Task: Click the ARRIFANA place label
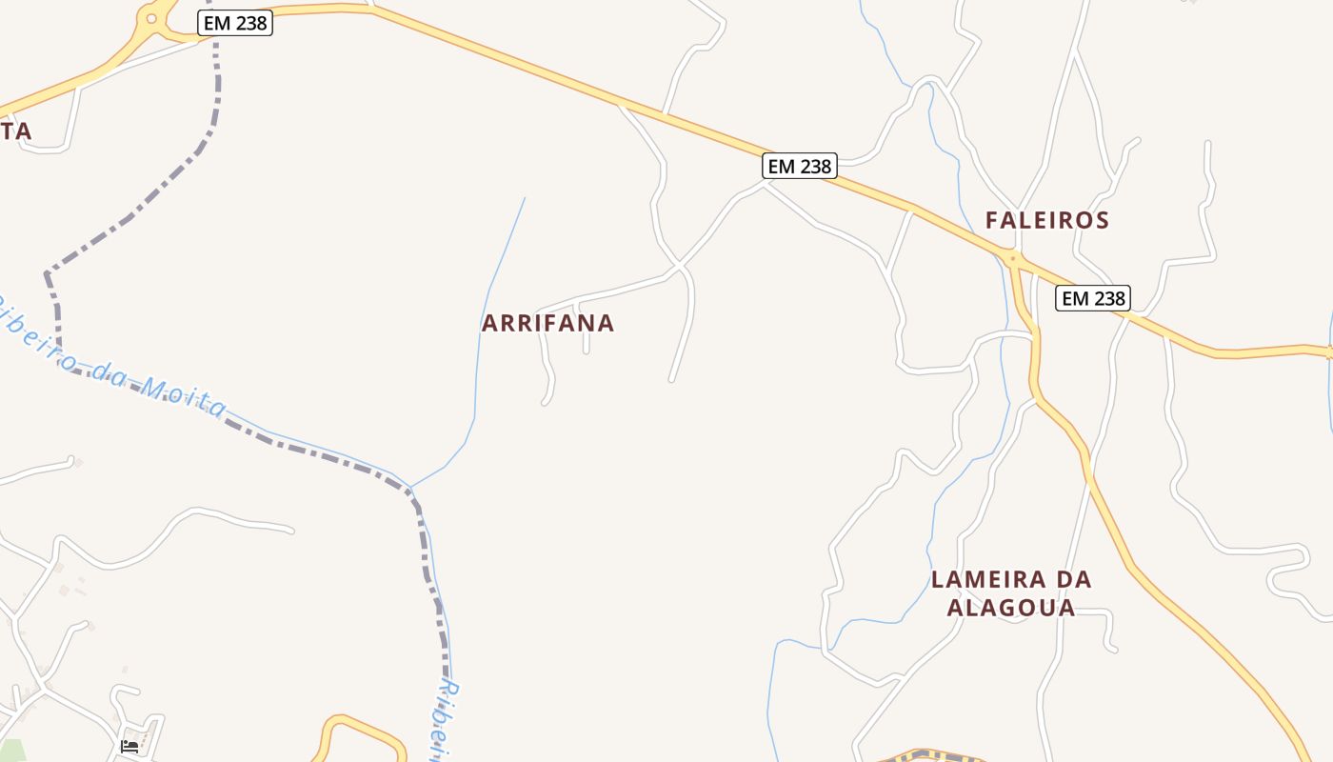tap(547, 323)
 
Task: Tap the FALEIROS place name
tap(1046, 220)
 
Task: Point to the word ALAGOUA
tap(1011, 608)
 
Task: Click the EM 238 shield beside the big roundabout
tap(235, 23)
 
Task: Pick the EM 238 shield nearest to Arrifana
tap(799, 166)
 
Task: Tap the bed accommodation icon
tap(129, 746)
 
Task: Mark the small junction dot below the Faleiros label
tap(1012, 257)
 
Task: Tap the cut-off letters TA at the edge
tap(16, 131)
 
